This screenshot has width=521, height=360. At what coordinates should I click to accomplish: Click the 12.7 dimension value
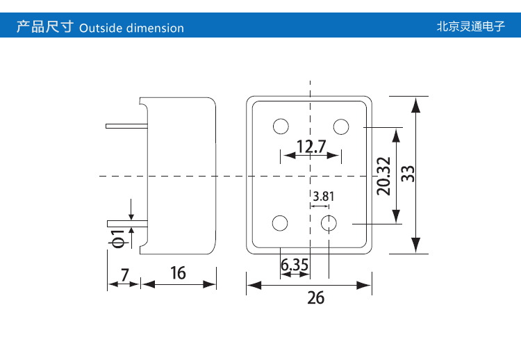click(311, 146)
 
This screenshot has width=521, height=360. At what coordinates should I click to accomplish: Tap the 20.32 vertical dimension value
click(383, 176)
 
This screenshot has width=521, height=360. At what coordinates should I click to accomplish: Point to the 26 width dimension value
click(316, 297)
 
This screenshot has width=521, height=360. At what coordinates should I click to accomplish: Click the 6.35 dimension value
click(294, 265)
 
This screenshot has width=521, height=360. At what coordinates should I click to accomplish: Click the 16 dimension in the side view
click(179, 272)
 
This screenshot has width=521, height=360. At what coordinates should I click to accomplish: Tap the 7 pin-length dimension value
click(125, 274)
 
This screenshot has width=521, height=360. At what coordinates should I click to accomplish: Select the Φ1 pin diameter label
click(117, 238)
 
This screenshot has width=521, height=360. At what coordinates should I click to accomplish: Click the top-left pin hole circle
click(281, 126)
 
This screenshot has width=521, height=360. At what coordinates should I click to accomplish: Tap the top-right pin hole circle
click(341, 126)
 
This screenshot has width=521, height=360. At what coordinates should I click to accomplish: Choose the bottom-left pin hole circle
click(280, 223)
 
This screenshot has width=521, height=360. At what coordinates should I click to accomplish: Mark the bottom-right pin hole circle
click(329, 223)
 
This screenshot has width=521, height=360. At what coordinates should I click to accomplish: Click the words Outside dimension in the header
click(132, 28)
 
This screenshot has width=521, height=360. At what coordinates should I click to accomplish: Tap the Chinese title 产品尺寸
click(44, 28)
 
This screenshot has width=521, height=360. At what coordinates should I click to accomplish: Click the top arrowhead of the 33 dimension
click(415, 104)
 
